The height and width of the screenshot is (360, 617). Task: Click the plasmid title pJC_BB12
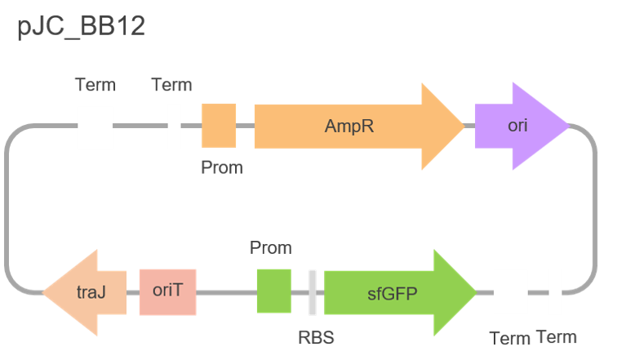point(81,26)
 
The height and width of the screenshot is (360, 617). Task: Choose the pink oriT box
point(167,291)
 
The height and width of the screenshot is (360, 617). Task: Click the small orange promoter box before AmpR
point(219,127)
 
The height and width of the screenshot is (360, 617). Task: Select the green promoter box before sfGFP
point(273,291)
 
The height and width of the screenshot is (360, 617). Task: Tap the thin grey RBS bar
point(313,291)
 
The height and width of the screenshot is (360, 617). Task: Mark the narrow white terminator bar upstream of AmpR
point(174,127)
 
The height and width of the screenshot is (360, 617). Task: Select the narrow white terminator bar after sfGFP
point(555,291)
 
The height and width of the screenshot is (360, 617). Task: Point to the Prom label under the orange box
point(222,167)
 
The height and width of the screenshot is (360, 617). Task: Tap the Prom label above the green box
point(270,247)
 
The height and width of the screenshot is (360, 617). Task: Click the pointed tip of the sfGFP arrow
point(475,291)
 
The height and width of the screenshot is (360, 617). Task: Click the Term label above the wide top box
point(95,85)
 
